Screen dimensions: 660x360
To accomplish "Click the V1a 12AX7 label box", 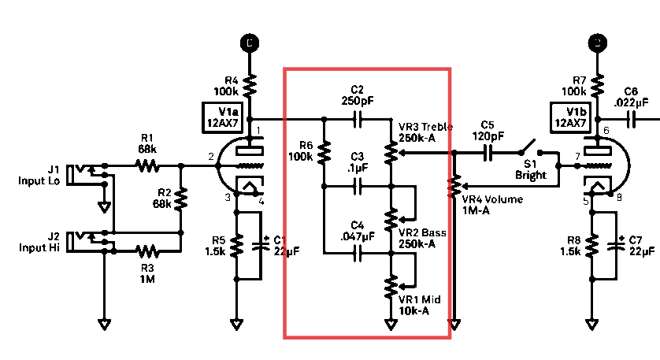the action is tap(223, 117).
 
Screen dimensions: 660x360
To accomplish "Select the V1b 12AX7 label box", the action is tap(571, 117).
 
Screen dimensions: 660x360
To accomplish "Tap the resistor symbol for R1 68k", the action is tap(147, 166).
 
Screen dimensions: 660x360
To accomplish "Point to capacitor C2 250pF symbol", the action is tap(358, 120).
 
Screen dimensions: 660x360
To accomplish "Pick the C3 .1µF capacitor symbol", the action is tap(358, 186).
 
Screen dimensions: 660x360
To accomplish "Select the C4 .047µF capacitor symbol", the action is tap(358, 254).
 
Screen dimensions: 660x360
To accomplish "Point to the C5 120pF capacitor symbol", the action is tap(488, 153).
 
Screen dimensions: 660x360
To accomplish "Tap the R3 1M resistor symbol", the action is tap(147, 251).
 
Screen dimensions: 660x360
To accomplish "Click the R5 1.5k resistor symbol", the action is tap(236, 246).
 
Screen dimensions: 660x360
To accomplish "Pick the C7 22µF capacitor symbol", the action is tap(616, 245).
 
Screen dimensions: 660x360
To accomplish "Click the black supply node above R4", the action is tap(250, 43).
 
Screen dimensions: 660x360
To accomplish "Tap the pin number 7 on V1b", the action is tap(578, 156).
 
